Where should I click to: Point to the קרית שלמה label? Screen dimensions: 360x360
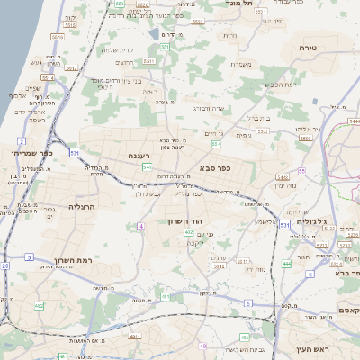[x=115, y=50]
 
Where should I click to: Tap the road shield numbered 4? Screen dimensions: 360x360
[x=141, y=226]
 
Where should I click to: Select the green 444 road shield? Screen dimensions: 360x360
[x=286, y=263]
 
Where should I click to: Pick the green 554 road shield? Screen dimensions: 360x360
[x=216, y=144]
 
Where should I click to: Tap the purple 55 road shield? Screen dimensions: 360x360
[x=302, y=170]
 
